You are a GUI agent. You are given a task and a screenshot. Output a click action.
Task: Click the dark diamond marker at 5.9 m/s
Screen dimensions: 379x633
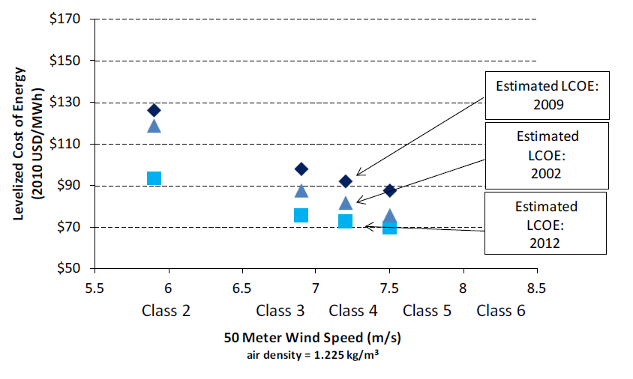point(154,110)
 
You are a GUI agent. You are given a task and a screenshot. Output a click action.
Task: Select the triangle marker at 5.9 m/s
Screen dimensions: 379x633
point(154,125)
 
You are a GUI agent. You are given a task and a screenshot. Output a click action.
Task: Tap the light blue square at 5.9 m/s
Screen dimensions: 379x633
point(154,178)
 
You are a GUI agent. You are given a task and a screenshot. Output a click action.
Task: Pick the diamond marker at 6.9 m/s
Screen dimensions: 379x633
point(301,169)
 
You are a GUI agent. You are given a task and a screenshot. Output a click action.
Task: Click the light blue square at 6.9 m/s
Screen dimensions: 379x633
point(301,216)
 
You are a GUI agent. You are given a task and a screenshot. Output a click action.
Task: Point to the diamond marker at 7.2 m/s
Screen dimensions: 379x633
point(346,181)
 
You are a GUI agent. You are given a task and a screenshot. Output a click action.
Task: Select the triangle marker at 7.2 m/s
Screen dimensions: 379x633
point(346,203)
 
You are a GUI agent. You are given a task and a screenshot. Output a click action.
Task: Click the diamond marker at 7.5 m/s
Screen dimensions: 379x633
point(389,191)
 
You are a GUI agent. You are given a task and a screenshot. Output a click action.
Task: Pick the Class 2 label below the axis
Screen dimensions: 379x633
point(165,311)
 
